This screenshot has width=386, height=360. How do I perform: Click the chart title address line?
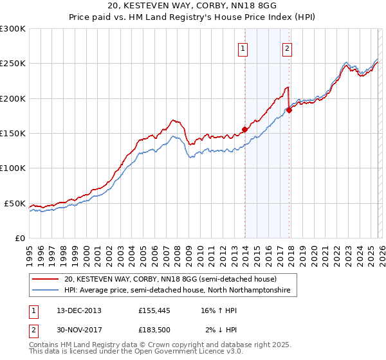coord(193,6)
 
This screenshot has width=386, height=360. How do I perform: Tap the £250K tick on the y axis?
coord(13,64)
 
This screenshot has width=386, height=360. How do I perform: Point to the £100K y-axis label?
coord(13,168)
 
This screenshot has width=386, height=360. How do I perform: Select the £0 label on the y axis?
coord(21,238)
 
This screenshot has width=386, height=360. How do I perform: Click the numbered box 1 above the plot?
coord(244,48)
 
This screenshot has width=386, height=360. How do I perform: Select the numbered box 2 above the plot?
coord(287,48)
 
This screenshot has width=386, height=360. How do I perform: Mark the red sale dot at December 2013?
coord(244,129)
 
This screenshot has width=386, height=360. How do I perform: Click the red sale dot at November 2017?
coord(289,110)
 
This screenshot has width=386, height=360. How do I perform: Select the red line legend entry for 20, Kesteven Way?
coord(170,279)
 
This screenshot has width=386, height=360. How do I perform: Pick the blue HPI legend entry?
coord(177,291)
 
